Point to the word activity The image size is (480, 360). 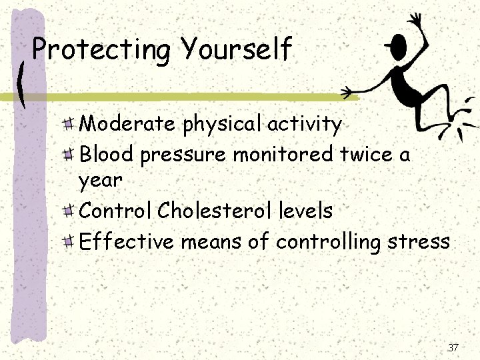pos(304,125)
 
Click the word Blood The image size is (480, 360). pos(107,154)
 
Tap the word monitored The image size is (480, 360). pos(283,154)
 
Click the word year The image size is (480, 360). pos(100,180)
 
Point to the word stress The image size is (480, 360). pos(420,241)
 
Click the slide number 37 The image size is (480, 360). pos(453,347)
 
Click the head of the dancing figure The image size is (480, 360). pos(397,47)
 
